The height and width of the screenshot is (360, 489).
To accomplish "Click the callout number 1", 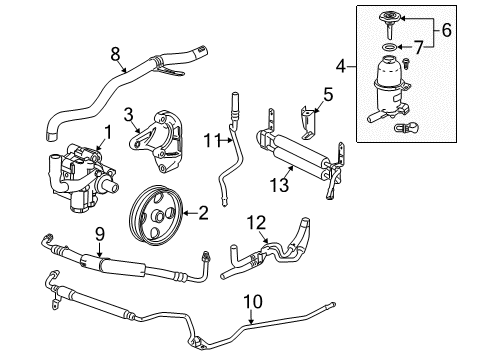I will click(106, 131).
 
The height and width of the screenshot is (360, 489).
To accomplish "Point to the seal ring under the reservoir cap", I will click(387, 47).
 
